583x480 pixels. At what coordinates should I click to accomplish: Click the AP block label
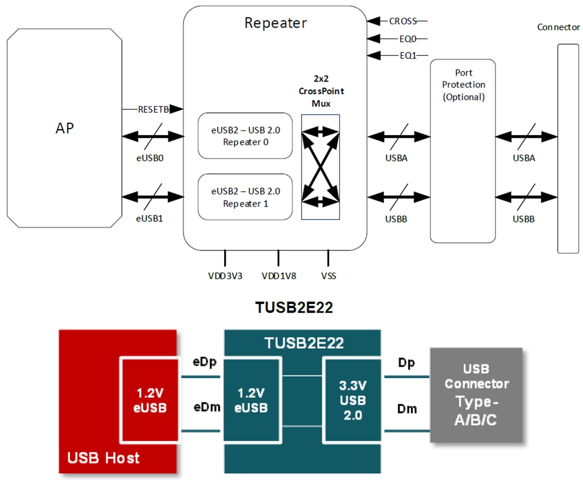[x=64, y=128]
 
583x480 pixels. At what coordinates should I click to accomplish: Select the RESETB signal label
[x=154, y=109]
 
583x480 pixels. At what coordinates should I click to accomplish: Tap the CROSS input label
[x=402, y=21]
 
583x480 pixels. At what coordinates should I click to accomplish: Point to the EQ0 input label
[x=406, y=39]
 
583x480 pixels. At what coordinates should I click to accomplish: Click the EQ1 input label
[x=407, y=55]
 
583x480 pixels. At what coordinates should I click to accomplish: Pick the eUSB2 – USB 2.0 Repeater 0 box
[x=245, y=136]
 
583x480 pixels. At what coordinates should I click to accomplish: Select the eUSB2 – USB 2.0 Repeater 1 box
[x=245, y=197]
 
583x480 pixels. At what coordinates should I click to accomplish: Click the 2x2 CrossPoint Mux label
[x=321, y=91]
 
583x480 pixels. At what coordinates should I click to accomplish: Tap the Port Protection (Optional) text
[x=463, y=85]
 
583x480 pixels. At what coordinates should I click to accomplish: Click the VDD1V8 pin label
[x=279, y=276]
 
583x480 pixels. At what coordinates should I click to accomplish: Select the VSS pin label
[x=328, y=276]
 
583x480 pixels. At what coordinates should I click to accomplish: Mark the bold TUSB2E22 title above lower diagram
[x=294, y=308]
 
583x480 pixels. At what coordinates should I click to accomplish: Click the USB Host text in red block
[x=103, y=457]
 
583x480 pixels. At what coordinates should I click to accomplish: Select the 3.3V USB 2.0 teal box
[x=352, y=400]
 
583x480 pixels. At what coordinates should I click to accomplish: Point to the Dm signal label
[x=407, y=408]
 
